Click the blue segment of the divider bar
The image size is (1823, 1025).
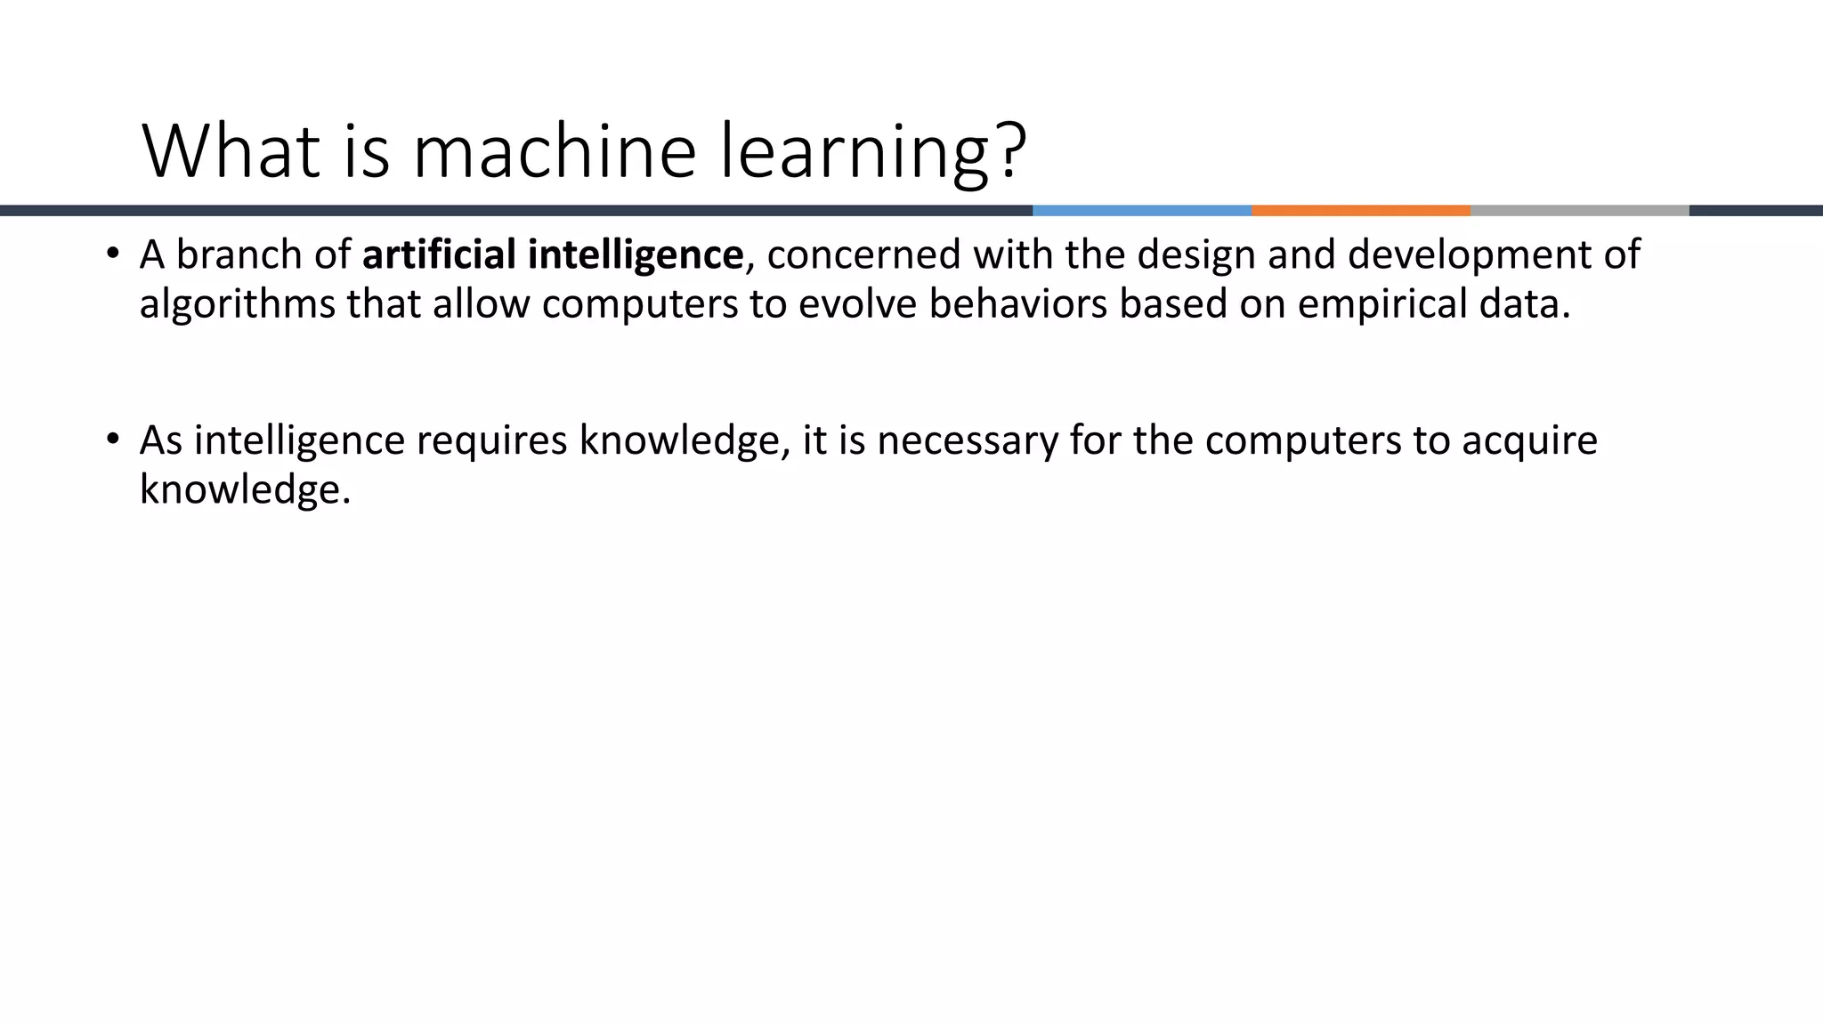[x=1141, y=211]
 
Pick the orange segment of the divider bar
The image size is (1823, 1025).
[x=1360, y=211]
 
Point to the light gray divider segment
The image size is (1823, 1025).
[x=1579, y=211]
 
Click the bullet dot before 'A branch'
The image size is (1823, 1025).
[x=111, y=254]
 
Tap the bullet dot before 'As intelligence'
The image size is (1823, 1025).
[x=111, y=439]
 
